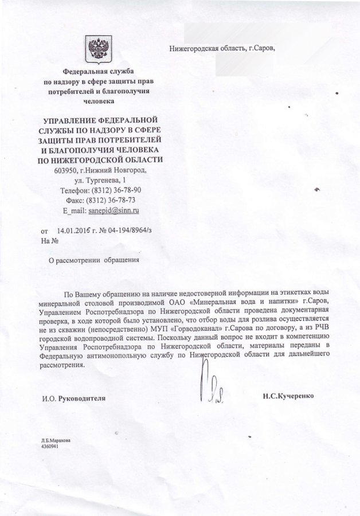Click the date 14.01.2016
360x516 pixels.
(x=75, y=230)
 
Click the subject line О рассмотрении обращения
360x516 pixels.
(x=93, y=260)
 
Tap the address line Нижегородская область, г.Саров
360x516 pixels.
(x=222, y=48)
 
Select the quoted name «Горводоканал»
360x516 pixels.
(x=199, y=329)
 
